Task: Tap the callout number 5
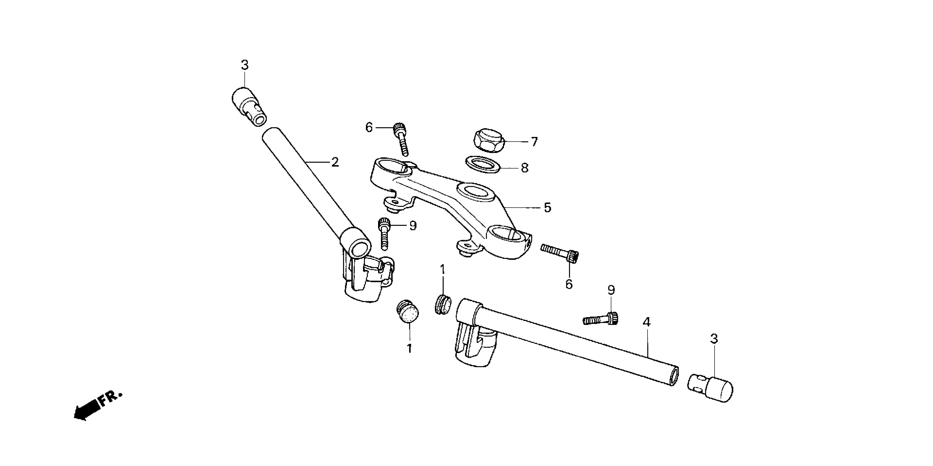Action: pyautogui.click(x=547, y=208)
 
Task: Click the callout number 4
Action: pyautogui.click(x=646, y=322)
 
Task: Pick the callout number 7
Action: pyautogui.click(x=534, y=141)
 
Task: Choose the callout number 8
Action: pyautogui.click(x=525, y=168)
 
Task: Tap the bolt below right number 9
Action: pyautogui.click(x=600, y=319)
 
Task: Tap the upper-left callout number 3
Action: pyautogui.click(x=245, y=66)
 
